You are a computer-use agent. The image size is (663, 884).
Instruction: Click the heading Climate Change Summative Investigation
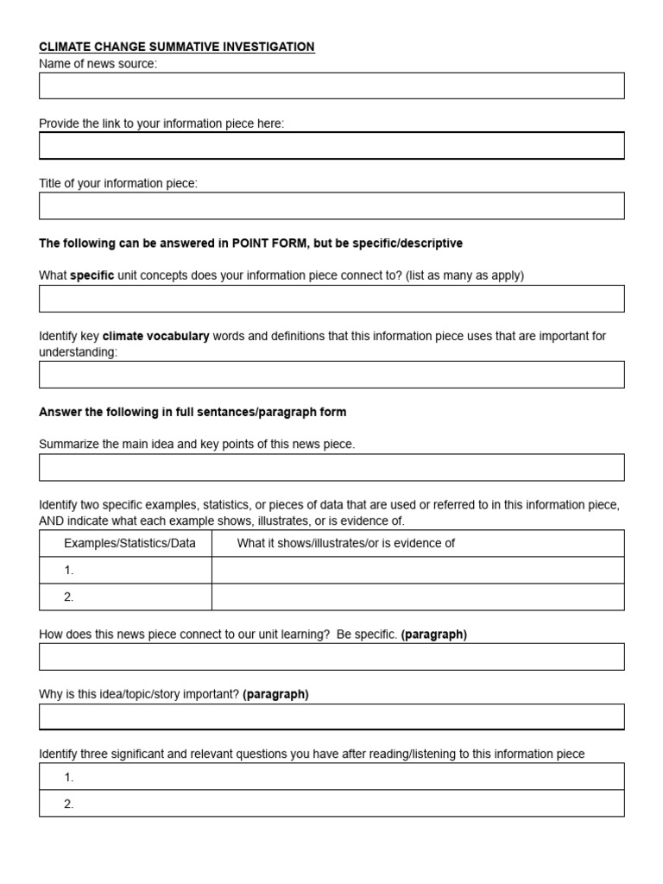click(x=177, y=47)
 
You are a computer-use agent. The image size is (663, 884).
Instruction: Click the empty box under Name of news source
click(x=331, y=85)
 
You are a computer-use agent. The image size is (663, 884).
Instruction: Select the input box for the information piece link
click(x=331, y=146)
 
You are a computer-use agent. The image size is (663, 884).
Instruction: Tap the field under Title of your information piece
click(x=331, y=205)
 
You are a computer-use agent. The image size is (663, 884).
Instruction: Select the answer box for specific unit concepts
click(x=331, y=299)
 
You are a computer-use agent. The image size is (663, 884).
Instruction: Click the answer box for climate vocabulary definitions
click(x=331, y=375)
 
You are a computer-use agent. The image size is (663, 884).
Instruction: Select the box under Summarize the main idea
click(x=331, y=467)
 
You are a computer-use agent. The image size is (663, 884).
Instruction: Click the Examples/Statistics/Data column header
click(x=129, y=543)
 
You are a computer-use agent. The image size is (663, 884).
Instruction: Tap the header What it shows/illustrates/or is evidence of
click(x=346, y=543)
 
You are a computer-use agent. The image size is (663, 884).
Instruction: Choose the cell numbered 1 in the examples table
click(x=125, y=570)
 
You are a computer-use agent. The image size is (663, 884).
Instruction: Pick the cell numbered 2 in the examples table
click(x=125, y=597)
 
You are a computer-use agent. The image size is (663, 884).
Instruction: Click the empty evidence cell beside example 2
click(x=418, y=597)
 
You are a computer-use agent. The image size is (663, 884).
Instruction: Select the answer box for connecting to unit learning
click(x=331, y=656)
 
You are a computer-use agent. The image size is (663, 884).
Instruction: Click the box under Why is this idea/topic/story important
click(x=331, y=717)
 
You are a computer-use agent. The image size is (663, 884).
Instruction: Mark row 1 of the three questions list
click(x=331, y=776)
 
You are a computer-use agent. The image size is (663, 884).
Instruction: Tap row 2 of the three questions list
click(x=331, y=803)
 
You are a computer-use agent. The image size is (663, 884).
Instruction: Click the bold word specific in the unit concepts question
click(x=92, y=275)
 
